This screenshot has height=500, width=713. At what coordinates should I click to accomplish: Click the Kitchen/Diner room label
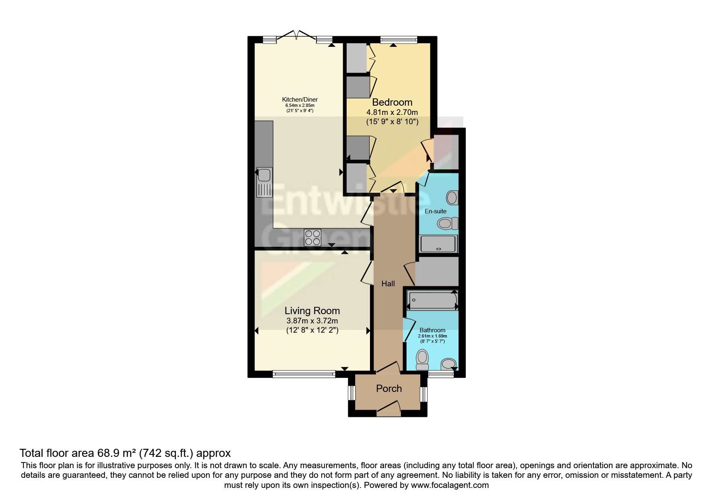(x=300, y=100)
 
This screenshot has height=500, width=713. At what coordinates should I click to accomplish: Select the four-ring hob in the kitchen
(x=313, y=237)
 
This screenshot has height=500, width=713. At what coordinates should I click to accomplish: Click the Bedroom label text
(x=392, y=102)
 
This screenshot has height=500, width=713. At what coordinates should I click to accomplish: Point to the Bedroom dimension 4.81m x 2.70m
(x=392, y=112)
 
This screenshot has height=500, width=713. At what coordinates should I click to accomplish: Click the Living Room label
(x=312, y=310)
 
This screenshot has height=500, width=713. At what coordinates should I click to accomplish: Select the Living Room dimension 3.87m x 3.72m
(x=312, y=321)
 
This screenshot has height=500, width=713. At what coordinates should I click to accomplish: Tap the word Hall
(x=388, y=284)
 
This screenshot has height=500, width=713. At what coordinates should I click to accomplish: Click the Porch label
(x=389, y=388)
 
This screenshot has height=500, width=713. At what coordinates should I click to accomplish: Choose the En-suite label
(x=436, y=211)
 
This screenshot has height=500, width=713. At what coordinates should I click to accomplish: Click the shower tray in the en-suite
(x=439, y=244)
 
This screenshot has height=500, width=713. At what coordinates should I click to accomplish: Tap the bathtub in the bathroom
(x=432, y=301)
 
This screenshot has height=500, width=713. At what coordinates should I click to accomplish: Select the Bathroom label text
(x=432, y=330)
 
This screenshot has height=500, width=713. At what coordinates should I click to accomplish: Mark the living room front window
(x=304, y=374)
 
